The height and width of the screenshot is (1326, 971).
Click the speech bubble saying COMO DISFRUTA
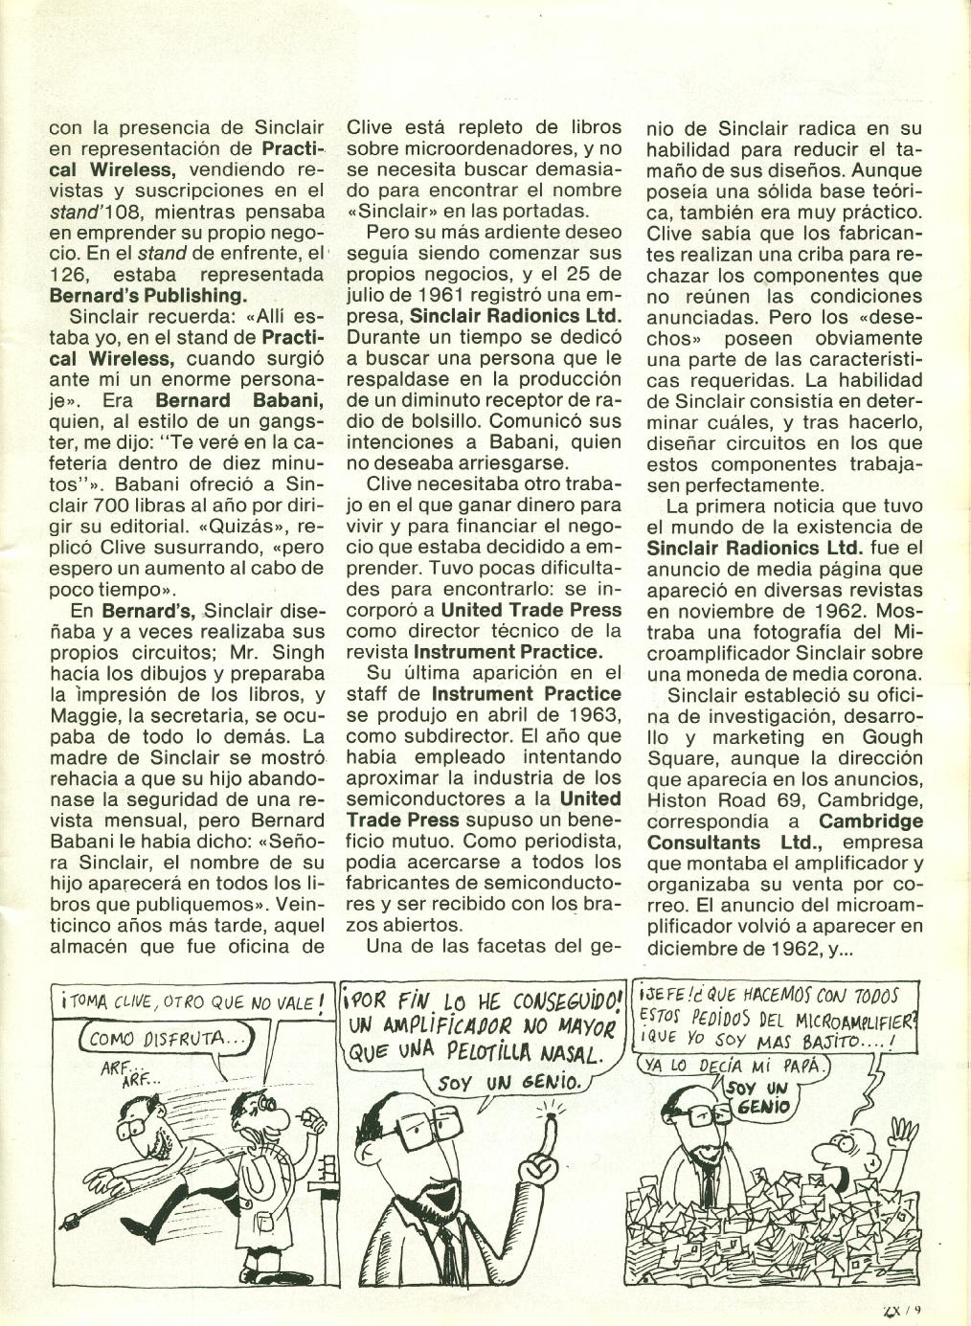163,1038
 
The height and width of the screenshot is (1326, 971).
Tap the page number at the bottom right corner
901,1312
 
